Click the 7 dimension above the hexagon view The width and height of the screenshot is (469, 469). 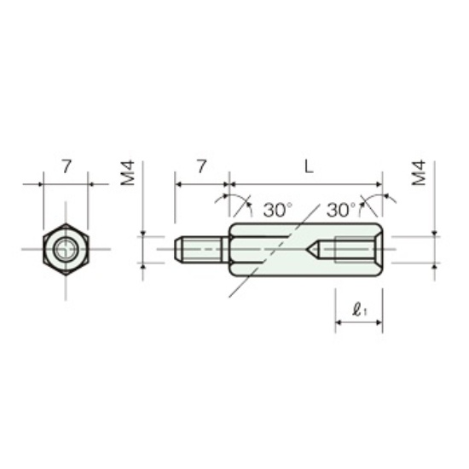67,166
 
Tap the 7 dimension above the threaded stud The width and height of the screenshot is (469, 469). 202,166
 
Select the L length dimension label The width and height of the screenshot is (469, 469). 309,166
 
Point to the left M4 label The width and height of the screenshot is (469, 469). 128,173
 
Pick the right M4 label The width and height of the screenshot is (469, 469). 419,173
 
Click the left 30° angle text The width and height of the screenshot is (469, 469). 278,210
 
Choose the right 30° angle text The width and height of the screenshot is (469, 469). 341,210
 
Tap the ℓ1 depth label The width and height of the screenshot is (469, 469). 360,310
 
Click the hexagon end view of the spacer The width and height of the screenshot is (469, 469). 66,249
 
